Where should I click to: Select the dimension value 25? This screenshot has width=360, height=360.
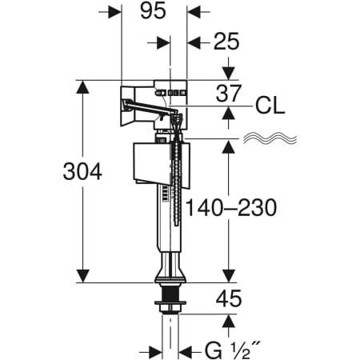pos(226,42)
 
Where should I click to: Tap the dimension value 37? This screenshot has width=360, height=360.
pos(229,94)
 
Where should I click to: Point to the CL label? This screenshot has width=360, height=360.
pos(270,106)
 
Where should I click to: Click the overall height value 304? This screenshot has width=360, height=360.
pos(82,171)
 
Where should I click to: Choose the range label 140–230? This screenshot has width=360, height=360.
pos(231,207)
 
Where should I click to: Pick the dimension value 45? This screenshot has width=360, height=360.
pos(229,298)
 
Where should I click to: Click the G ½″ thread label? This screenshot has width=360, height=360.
pos(232,351)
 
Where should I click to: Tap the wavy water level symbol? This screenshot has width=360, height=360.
pos(270,138)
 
